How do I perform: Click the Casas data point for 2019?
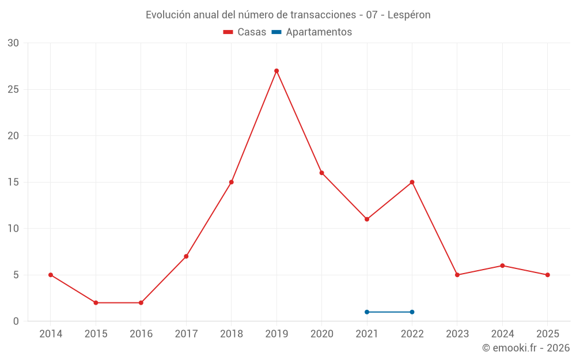coord(276,71)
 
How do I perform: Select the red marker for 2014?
coord(51,275)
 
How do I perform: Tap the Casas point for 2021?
coord(367,219)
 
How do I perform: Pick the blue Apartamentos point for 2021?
coord(367,312)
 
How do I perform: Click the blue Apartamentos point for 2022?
coord(412,312)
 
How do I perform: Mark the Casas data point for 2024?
coord(502,266)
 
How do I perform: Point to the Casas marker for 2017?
coord(186,256)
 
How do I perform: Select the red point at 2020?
coord(321,173)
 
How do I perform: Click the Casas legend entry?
coord(245,32)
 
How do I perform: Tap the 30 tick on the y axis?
coord(13,43)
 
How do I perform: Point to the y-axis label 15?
coord(13,182)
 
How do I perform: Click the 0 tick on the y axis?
coord(16,321)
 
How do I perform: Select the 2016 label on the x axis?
coord(141,334)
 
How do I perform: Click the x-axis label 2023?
coord(457,334)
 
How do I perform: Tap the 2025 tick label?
coord(547,334)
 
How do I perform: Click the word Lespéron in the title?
coord(409,15)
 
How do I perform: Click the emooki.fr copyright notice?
coord(526,348)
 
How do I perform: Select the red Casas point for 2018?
coord(232,182)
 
